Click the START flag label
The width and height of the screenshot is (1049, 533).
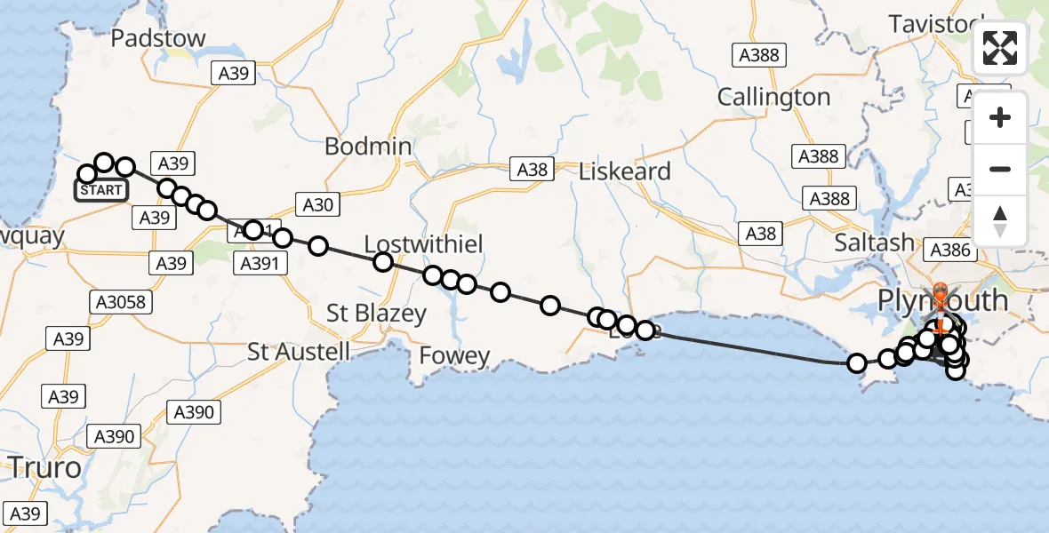(x=101, y=190)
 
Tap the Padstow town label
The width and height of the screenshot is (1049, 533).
(x=158, y=39)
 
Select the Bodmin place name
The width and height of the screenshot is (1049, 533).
(x=368, y=147)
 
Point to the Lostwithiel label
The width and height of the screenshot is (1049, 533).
(x=423, y=244)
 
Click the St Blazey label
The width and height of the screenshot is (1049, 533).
(x=376, y=313)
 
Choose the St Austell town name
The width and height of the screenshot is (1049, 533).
(x=299, y=352)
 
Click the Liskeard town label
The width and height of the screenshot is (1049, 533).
(x=624, y=171)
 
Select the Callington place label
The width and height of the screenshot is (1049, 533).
(x=773, y=97)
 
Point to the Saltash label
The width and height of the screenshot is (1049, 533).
(x=874, y=243)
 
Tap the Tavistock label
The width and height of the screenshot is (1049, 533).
(x=936, y=24)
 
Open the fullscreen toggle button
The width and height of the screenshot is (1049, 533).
(x=1000, y=48)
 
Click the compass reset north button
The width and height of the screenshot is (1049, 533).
(x=1000, y=221)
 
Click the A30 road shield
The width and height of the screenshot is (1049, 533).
(x=317, y=206)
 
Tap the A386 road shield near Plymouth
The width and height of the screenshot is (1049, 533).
(x=949, y=251)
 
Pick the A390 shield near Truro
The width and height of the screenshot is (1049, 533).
(x=113, y=436)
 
